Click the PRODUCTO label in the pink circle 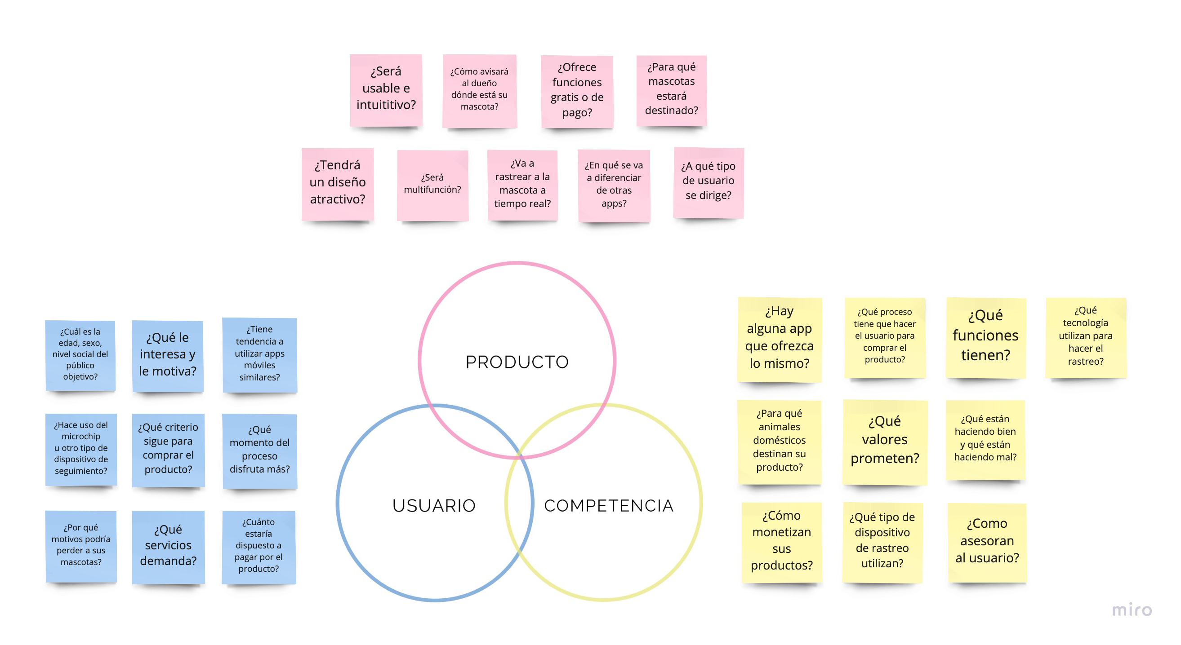(x=517, y=362)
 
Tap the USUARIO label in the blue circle (x=434, y=505)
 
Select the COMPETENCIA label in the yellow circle (x=608, y=505)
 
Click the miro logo (x=1132, y=610)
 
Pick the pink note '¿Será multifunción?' (x=432, y=184)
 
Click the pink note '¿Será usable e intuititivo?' (x=386, y=89)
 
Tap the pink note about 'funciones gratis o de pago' (x=577, y=90)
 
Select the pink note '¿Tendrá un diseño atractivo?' (x=338, y=183)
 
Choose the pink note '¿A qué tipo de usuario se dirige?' (x=708, y=181)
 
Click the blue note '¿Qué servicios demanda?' (x=168, y=546)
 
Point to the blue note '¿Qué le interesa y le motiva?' (x=167, y=354)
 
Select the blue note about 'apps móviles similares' (x=259, y=353)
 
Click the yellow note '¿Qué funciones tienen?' (x=985, y=336)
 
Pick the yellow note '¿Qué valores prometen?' (x=884, y=441)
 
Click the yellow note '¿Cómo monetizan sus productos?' (x=781, y=541)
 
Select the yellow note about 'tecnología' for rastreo (x=1085, y=336)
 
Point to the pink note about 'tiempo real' (x=522, y=184)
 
